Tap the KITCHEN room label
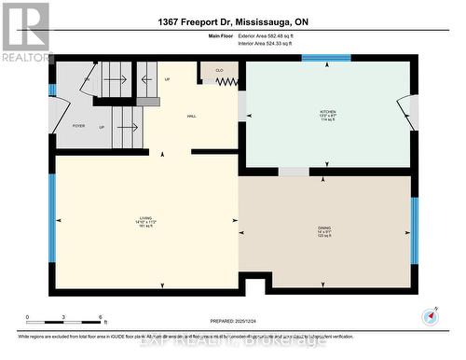click(327, 114)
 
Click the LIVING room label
click(146, 221)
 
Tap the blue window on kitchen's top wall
click(325, 58)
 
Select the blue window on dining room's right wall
click(415, 228)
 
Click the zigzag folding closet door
click(228, 81)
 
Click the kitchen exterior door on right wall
click(405, 113)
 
